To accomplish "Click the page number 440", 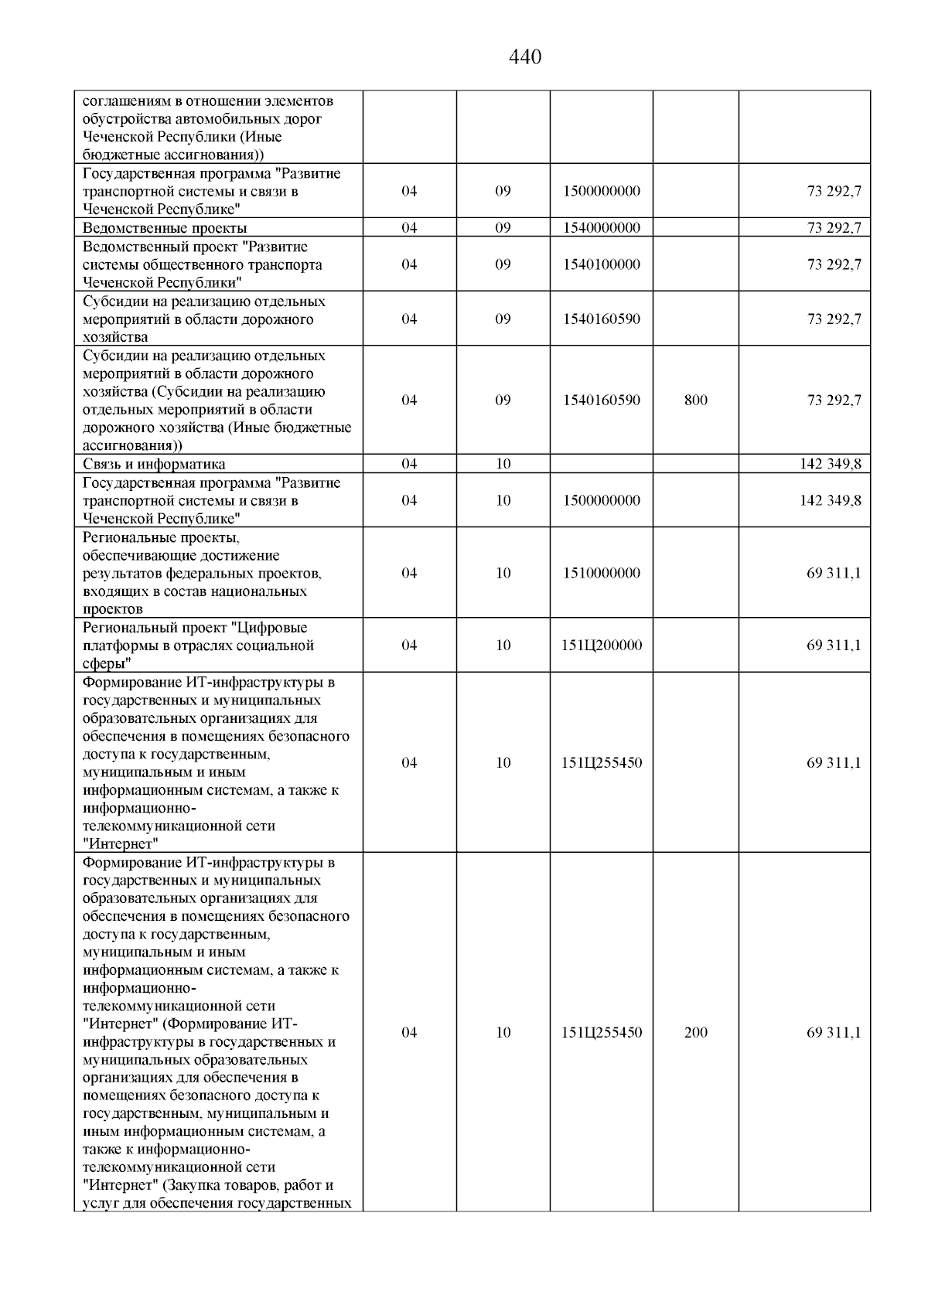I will (x=526, y=57).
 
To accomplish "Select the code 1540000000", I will (x=601, y=227).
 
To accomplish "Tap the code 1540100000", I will (x=601, y=264).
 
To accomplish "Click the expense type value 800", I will (x=695, y=400).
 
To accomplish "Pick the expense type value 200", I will (x=695, y=1033).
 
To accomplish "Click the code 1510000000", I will (x=601, y=573).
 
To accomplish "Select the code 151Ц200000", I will (x=601, y=646).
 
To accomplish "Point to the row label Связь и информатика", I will (x=154, y=464).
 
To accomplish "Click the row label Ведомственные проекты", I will (x=165, y=227).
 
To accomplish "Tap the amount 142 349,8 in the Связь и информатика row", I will (x=830, y=464).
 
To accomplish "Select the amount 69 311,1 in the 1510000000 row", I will (x=834, y=573).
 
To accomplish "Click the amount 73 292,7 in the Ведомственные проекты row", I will (x=834, y=227).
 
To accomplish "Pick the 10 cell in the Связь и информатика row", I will (x=503, y=464).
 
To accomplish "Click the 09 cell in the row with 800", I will (x=503, y=400).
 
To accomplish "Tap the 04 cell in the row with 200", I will (x=409, y=1033).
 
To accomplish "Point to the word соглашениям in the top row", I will (x=125, y=101).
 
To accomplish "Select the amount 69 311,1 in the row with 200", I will (x=834, y=1033).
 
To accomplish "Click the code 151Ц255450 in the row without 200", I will (x=601, y=763).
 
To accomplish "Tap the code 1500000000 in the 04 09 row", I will (x=601, y=191).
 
